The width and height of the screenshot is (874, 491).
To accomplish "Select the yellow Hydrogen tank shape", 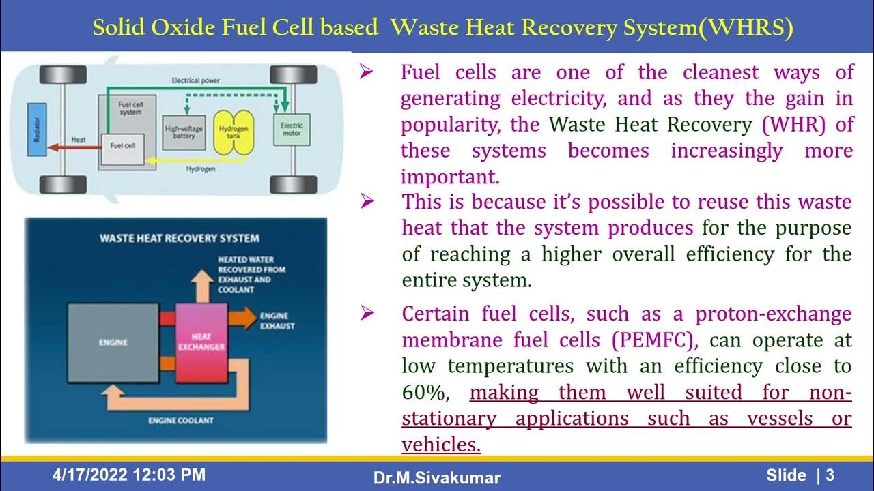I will tap(233, 132).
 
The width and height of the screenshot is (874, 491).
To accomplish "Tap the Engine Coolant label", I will tap(180, 421).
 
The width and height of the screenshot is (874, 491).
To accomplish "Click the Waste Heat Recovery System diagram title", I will tap(179, 238).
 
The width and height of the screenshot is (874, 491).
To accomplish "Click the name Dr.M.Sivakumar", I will tap(436, 478).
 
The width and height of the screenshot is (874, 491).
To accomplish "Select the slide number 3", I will tap(830, 475).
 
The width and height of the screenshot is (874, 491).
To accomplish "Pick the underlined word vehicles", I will tap(440, 445).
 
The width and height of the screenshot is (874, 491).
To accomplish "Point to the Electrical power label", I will tap(197, 80).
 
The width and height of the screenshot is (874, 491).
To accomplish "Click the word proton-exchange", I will tap(773, 314).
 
